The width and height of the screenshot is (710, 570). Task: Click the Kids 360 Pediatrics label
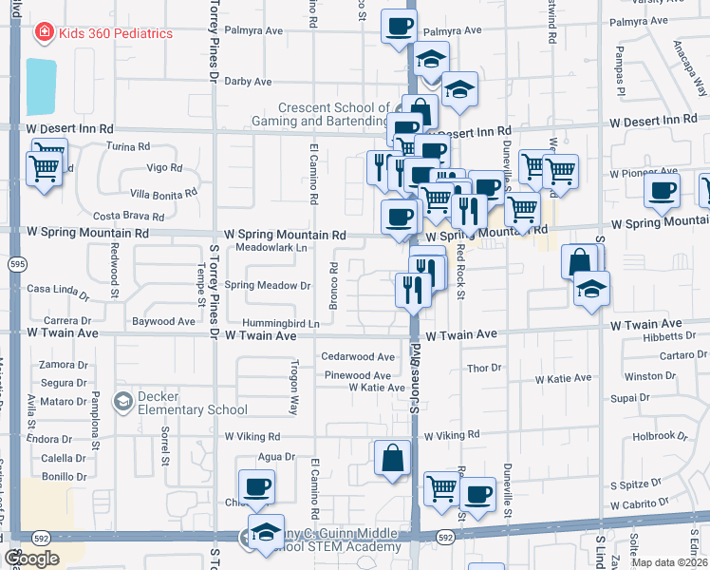(x=116, y=33)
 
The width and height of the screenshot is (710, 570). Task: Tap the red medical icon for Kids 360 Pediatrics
(x=44, y=33)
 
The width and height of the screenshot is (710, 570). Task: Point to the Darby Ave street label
(x=249, y=82)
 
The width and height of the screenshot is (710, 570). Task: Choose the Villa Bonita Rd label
(x=163, y=193)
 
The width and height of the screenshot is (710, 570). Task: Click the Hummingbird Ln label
(x=286, y=323)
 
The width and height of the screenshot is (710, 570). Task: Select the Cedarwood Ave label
(x=357, y=357)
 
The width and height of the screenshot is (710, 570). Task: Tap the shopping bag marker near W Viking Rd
(x=393, y=459)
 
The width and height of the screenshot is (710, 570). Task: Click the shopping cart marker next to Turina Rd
(x=45, y=169)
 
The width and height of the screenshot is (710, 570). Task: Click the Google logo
(x=32, y=559)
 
